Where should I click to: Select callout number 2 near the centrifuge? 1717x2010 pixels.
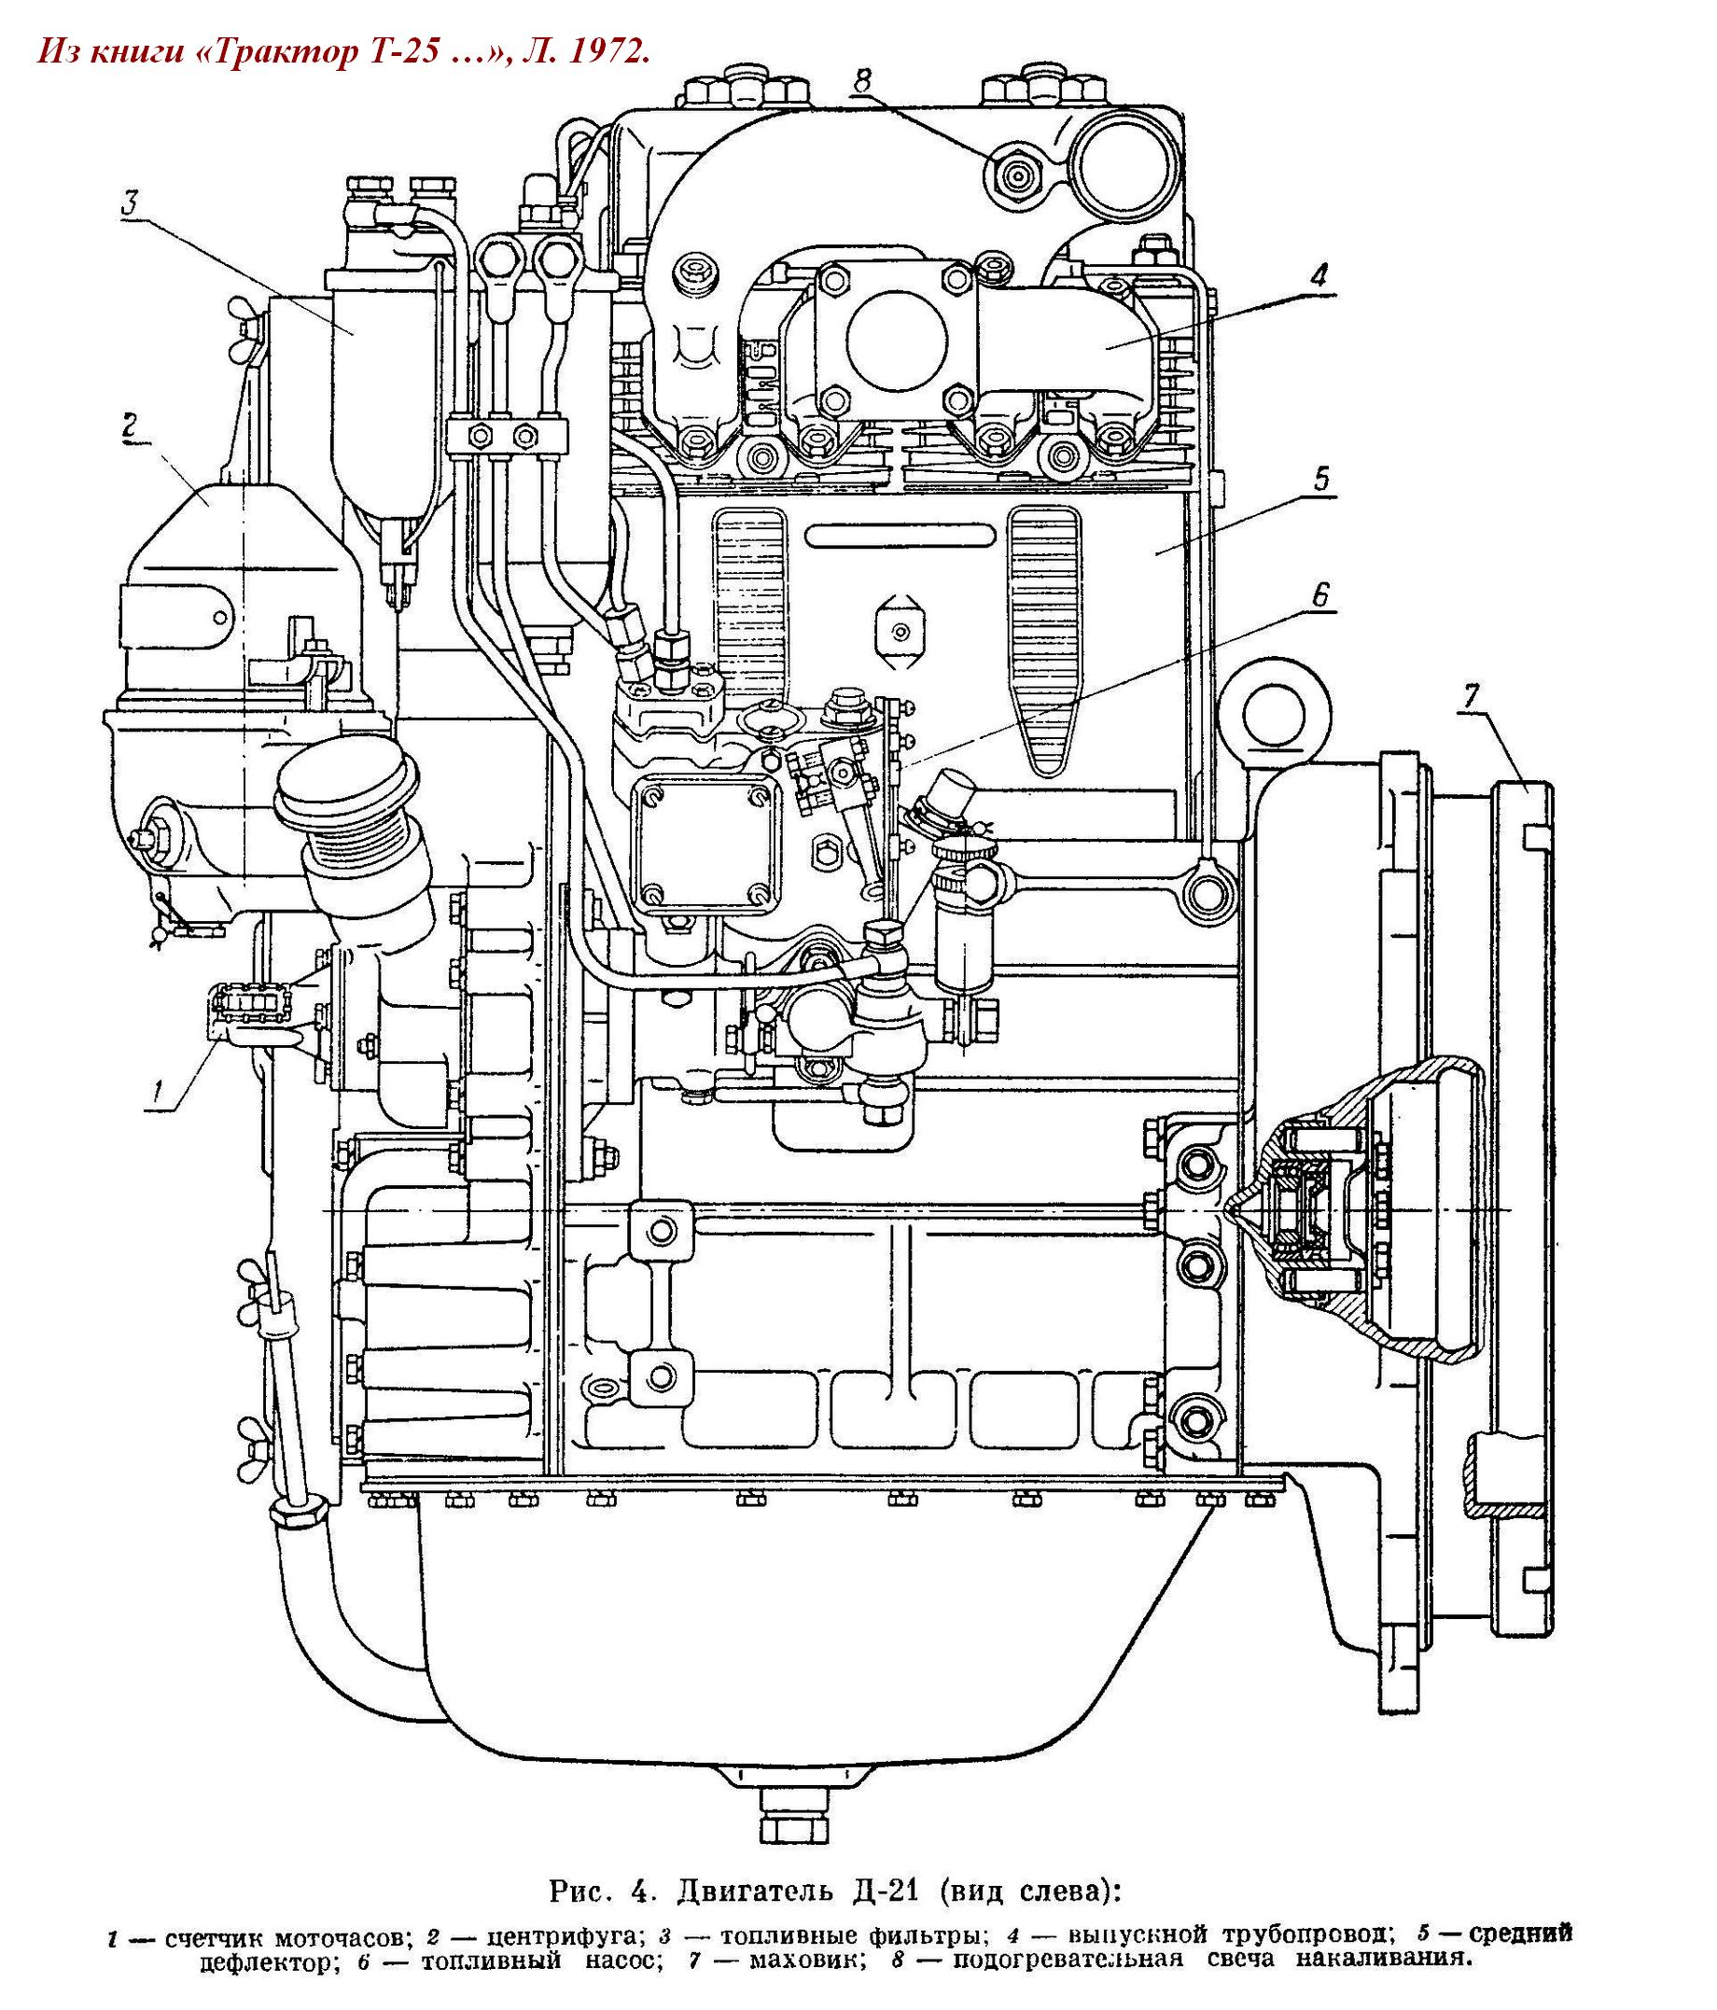click(x=130, y=425)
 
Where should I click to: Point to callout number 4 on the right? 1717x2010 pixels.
click(x=1318, y=275)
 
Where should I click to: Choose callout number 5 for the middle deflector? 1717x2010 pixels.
click(x=1320, y=480)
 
